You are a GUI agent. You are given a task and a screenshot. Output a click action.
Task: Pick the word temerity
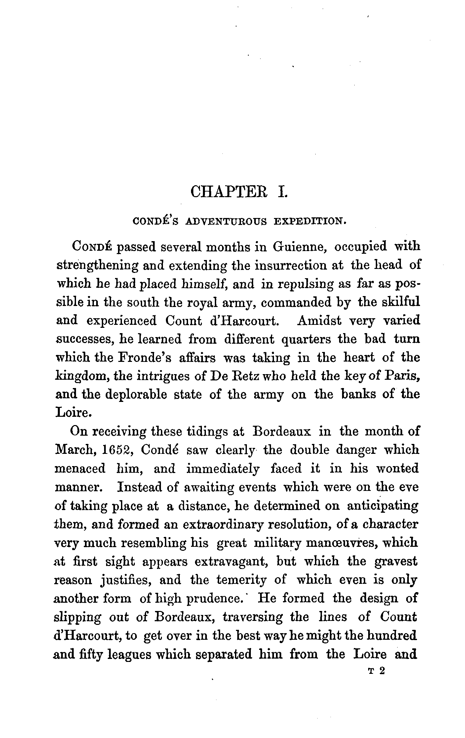point(241,580)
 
